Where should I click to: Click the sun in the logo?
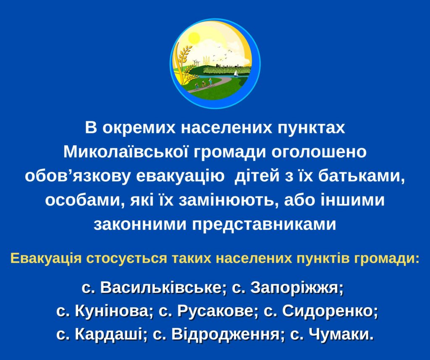(x=194, y=38)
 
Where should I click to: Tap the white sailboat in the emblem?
(x=236, y=73)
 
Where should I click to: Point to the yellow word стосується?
(x=127, y=258)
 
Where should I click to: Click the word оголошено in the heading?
(x=319, y=152)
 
